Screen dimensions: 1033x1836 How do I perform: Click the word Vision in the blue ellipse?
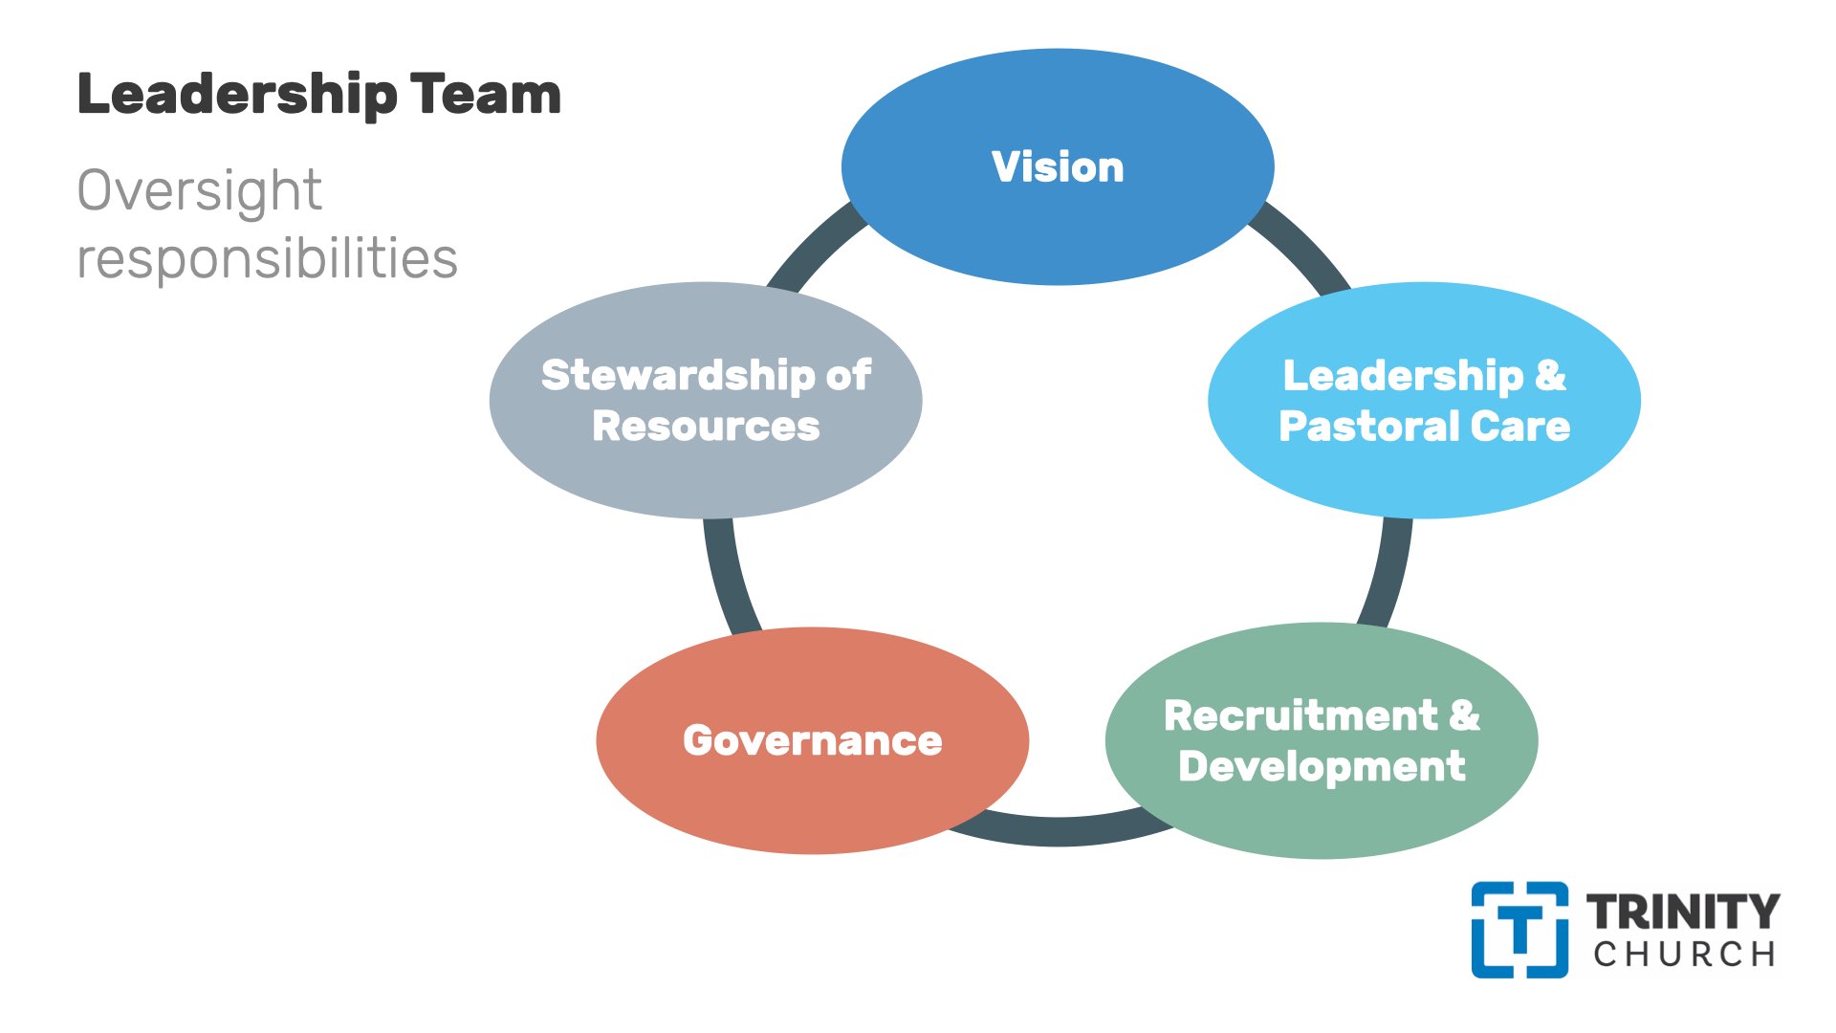click(1058, 167)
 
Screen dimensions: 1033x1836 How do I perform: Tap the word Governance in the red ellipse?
click(813, 741)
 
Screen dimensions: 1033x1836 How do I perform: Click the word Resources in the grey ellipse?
click(706, 427)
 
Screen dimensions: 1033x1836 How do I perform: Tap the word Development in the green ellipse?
click(1322, 767)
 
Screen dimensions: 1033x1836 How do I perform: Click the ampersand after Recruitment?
click(1464, 716)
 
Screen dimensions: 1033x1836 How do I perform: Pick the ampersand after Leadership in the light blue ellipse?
click(1550, 375)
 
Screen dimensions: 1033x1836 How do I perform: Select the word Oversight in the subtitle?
click(199, 191)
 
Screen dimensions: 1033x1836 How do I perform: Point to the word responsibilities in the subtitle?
click(267, 259)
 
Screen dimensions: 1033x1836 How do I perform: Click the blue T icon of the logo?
click(1519, 930)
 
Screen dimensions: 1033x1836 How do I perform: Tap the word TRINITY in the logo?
click(1683, 912)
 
